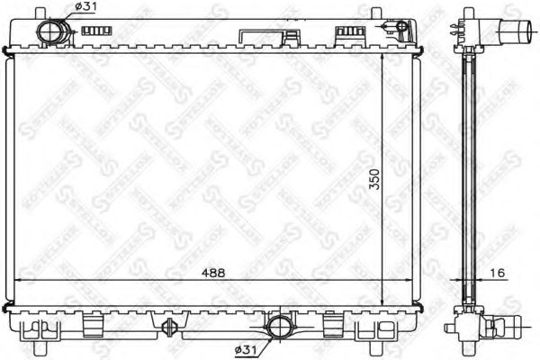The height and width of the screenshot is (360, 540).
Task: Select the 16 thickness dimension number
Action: [x=497, y=273]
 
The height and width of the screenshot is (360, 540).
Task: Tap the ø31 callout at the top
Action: [x=85, y=8]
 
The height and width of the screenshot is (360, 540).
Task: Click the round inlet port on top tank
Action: [x=52, y=33]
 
